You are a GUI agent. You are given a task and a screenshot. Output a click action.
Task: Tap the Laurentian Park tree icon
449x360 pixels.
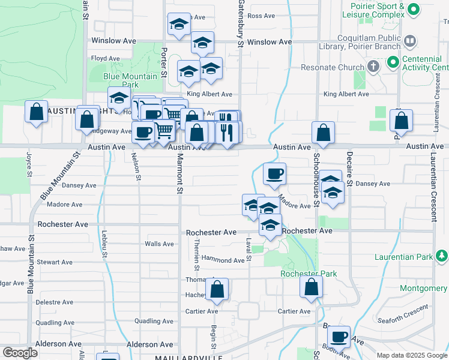click(x=442, y=257)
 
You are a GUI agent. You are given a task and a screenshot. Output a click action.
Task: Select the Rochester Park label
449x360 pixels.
click(x=309, y=274)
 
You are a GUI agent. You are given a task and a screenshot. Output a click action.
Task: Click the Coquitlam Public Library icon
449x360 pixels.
click(x=411, y=41)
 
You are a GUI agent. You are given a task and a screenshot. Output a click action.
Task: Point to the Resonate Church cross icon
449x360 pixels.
click(x=373, y=65)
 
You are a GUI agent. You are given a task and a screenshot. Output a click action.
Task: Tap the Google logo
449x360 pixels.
click(x=20, y=353)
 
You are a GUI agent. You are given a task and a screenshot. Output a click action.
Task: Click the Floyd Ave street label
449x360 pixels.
click(x=105, y=58)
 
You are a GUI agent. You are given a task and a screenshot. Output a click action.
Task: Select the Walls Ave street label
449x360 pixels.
click(x=159, y=244)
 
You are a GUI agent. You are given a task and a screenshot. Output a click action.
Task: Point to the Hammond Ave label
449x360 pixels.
click(x=223, y=260)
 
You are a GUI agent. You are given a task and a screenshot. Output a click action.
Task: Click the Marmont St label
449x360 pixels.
click(x=179, y=174)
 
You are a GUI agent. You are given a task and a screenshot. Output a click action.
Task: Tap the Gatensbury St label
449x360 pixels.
click(x=240, y=24)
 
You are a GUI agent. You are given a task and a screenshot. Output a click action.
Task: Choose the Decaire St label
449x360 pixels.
click(x=348, y=168)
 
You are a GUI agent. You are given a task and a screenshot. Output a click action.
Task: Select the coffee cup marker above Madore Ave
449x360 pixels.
click(x=274, y=174)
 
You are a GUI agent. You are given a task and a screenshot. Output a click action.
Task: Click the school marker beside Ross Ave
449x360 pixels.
click(x=179, y=25)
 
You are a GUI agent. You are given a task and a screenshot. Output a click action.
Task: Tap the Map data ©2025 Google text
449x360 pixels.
click(x=412, y=355)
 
